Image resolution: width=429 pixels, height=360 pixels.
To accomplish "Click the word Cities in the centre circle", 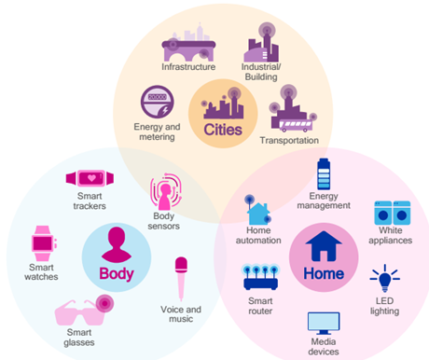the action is click(x=223, y=130).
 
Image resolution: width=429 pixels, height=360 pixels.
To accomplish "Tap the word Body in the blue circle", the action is click(x=117, y=274).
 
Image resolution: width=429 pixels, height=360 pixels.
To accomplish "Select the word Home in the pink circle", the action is click(x=324, y=273).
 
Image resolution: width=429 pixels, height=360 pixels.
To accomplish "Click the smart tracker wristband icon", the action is click(x=90, y=178).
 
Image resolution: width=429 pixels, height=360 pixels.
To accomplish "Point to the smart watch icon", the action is click(x=43, y=243).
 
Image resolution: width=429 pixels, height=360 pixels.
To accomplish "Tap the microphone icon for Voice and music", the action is click(x=181, y=278).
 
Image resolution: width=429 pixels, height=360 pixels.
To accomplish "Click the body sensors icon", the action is click(x=166, y=192).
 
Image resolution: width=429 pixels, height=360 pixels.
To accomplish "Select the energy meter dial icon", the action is click(x=158, y=102).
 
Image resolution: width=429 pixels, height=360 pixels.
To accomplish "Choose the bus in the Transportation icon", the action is click(x=296, y=125).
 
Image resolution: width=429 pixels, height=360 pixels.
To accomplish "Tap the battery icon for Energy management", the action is click(x=324, y=174).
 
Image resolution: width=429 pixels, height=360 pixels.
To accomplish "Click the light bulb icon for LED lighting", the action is click(x=385, y=279).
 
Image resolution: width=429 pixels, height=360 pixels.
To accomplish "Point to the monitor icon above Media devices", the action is click(x=324, y=324).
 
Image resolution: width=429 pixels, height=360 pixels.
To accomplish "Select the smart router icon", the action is click(x=260, y=278).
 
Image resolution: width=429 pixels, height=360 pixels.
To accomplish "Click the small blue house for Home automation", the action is click(x=258, y=214).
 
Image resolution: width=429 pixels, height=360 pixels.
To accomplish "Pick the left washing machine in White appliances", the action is click(x=383, y=213).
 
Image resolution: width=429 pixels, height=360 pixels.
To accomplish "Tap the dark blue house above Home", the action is click(x=324, y=245).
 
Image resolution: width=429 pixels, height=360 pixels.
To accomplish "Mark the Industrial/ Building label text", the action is click(x=261, y=72).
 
